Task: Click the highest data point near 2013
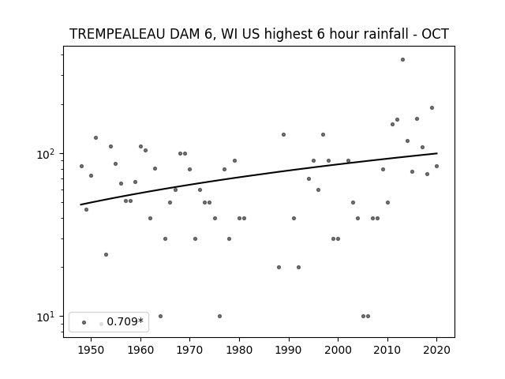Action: [402, 60]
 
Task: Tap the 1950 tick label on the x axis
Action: [92, 350]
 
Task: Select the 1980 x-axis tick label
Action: [239, 350]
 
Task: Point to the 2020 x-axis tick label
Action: [436, 350]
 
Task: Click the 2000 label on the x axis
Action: [338, 350]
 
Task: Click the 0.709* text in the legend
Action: [125, 321]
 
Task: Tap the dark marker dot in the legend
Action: [84, 323]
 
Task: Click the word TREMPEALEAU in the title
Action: [118, 34]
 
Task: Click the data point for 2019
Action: [432, 108]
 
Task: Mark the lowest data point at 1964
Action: [160, 316]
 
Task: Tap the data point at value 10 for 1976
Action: [219, 316]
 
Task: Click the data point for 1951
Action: [96, 138]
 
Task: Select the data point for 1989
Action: [283, 135]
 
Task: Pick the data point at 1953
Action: [106, 254]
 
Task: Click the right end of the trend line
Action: [437, 153]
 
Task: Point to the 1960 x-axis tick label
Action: [140, 350]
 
